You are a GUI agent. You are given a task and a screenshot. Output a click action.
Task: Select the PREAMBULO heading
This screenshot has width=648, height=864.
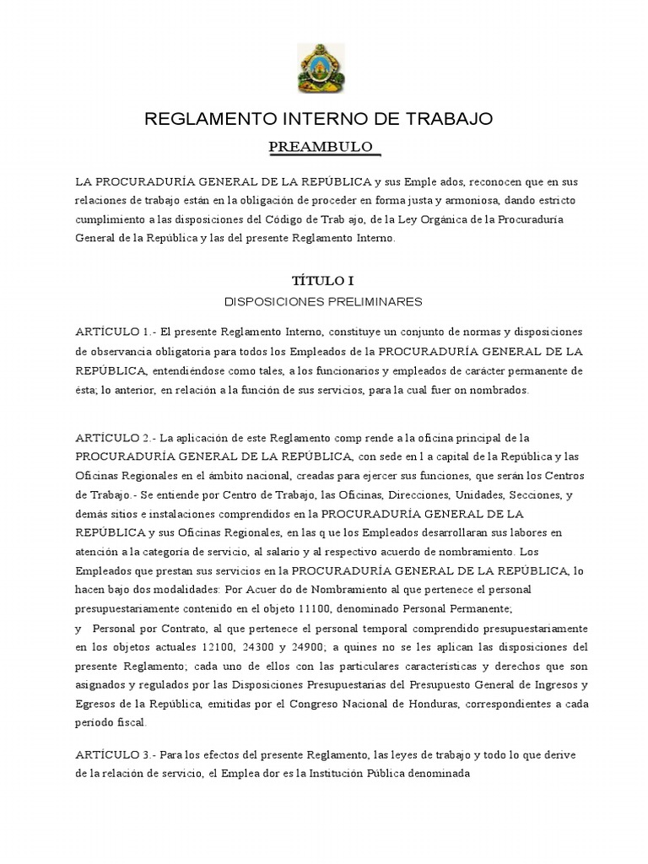321,148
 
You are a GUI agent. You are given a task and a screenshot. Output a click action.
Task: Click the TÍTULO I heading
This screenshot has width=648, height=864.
320,282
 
